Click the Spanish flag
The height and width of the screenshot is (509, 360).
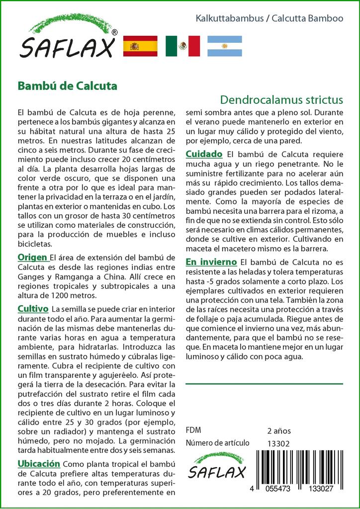point(140,46)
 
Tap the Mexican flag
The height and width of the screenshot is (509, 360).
point(182,46)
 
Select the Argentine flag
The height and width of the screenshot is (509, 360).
point(225,46)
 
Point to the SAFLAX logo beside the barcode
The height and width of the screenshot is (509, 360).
point(216,466)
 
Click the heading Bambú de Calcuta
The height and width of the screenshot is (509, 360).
point(67,85)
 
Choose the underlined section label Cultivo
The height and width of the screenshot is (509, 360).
point(33,309)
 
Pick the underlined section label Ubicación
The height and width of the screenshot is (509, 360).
point(39,464)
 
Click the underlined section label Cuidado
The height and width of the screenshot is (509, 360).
point(204,154)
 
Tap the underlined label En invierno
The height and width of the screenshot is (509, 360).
point(211,261)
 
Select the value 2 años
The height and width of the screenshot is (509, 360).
point(279,430)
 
